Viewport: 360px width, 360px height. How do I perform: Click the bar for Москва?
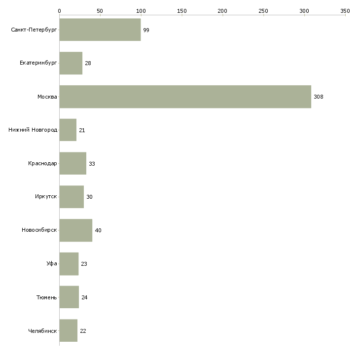pos(185,97)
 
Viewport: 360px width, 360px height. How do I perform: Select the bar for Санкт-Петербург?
pos(100,30)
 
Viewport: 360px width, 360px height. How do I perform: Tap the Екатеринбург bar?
pos(71,63)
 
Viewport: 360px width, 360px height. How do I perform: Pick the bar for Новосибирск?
pos(76,230)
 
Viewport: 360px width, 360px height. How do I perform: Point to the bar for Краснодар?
pos(73,164)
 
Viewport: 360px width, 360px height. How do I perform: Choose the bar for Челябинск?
pos(69,331)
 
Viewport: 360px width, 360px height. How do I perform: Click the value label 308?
pos(319,97)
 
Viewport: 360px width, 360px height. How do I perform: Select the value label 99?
pos(146,31)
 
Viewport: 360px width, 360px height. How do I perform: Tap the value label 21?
pos(82,131)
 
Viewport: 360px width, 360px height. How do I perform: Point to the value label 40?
pos(98,231)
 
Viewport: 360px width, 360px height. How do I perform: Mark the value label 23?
pos(84,264)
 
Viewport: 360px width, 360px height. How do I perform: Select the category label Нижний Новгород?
pos(33,130)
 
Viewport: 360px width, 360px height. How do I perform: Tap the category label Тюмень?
pos(46,297)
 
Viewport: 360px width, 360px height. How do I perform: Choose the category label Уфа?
pos(52,264)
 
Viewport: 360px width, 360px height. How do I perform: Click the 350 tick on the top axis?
pos(345,10)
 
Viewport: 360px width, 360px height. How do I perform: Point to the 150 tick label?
pos(181,10)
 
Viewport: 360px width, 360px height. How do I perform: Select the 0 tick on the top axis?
pos(59,10)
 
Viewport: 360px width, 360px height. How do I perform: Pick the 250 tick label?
pos(263,10)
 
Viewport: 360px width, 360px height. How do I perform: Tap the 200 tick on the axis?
pos(222,10)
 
